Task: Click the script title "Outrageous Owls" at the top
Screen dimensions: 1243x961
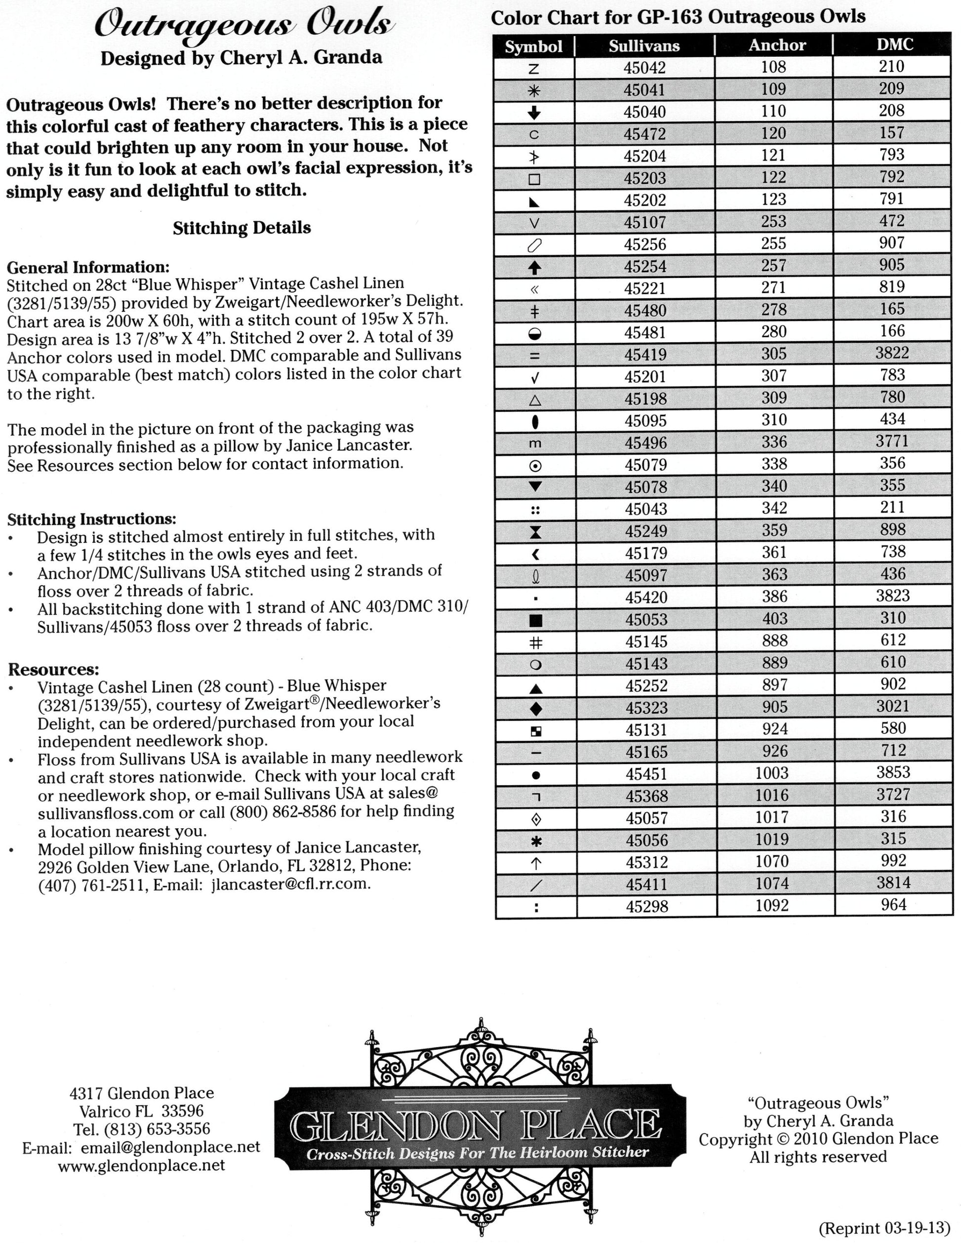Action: pos(242,26)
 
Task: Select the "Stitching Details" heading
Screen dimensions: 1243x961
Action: pos(242,228)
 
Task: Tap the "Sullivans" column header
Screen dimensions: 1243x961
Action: pos(644,46)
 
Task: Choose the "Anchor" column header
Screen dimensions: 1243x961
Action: pos(777,45)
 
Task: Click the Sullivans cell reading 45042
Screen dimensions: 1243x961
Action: pos(644,68)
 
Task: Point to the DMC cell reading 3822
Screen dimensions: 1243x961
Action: pos(891,354)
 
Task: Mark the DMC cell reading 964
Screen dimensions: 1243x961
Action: pos(893,905)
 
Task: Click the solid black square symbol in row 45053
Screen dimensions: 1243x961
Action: pos(535,620)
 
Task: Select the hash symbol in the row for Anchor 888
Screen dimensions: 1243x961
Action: pos(535,642)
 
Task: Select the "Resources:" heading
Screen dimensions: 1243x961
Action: pos(53,669)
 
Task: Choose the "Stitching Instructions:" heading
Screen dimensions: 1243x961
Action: pos(91,519)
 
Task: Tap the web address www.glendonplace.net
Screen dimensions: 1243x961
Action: pos(142,1165)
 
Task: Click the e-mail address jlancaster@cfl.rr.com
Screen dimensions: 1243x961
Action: pos(290,884)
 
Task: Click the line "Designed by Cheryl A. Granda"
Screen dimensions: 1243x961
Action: pos(241,58)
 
